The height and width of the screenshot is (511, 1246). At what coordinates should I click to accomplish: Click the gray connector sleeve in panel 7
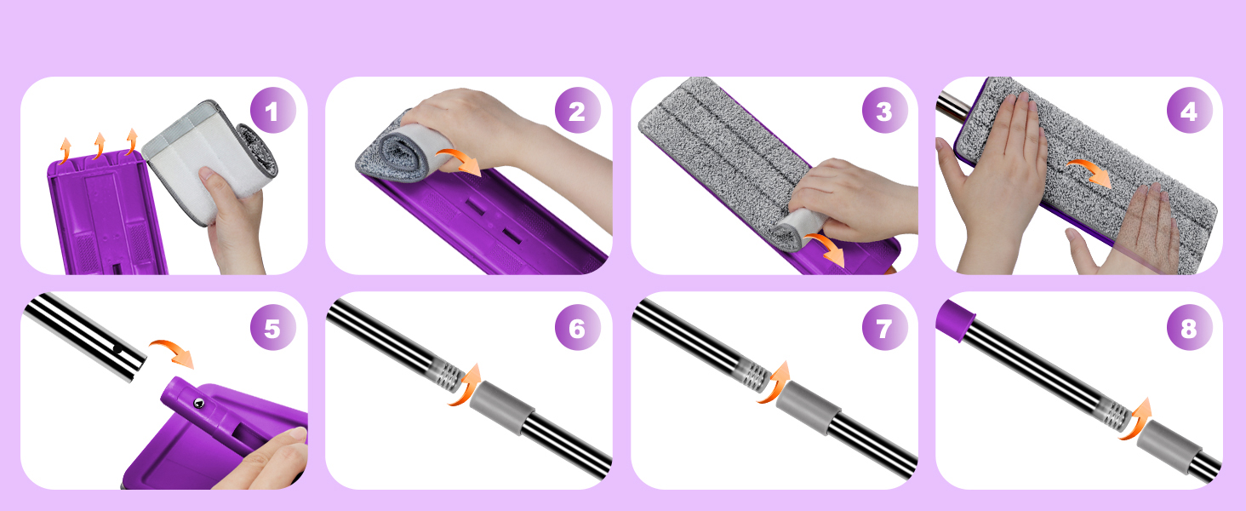808,407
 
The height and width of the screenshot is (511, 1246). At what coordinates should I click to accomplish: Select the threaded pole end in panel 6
448,374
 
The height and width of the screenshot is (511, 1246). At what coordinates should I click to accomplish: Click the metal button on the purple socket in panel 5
197,404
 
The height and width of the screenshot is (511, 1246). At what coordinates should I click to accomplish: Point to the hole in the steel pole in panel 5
118,349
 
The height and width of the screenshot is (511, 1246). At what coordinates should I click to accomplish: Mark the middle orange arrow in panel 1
99,146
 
